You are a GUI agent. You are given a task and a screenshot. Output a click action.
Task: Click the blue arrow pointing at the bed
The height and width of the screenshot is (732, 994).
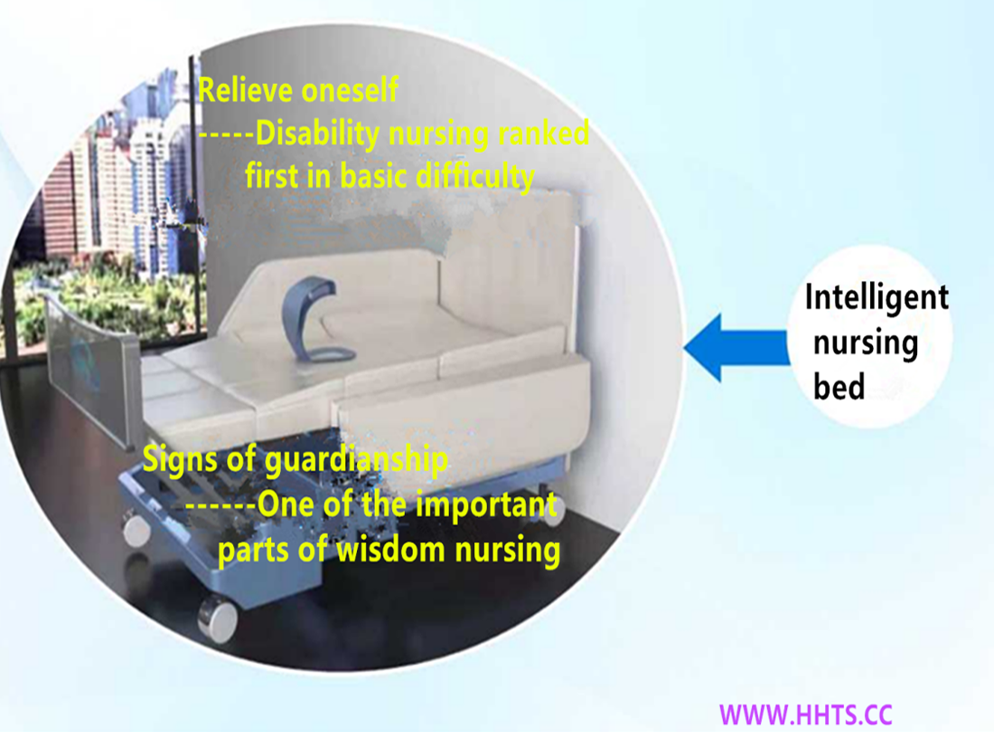pos(737,348)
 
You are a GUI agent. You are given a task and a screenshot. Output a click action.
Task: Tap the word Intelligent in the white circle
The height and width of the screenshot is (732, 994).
pos(877,298)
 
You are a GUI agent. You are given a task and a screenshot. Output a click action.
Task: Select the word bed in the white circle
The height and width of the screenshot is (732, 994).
pos(839,387)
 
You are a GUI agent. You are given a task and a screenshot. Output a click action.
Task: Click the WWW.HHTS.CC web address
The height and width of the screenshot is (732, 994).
pos(806,715)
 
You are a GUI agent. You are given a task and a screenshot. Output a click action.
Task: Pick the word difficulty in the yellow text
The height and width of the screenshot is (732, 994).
pos(474,177)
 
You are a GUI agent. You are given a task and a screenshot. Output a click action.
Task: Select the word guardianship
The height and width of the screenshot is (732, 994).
pos(356,460)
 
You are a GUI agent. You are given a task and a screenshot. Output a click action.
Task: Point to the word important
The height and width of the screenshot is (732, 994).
pos(486,505)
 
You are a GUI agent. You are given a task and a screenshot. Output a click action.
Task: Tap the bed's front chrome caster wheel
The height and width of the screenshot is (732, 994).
pos(218,617)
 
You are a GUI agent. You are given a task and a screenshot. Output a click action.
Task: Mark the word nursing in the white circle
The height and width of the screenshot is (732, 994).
pos(866,343)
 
